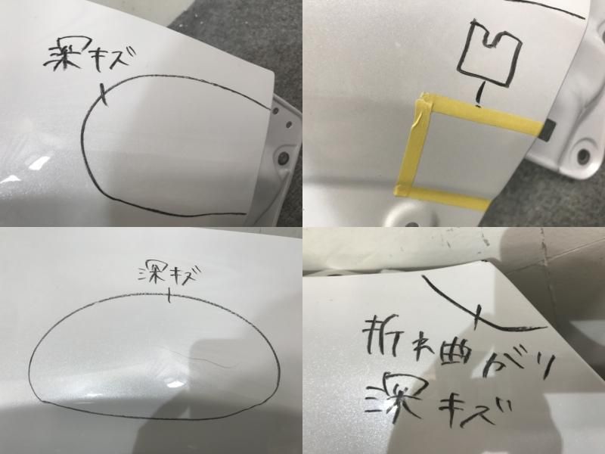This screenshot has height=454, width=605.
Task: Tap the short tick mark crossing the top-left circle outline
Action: [104, 95]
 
